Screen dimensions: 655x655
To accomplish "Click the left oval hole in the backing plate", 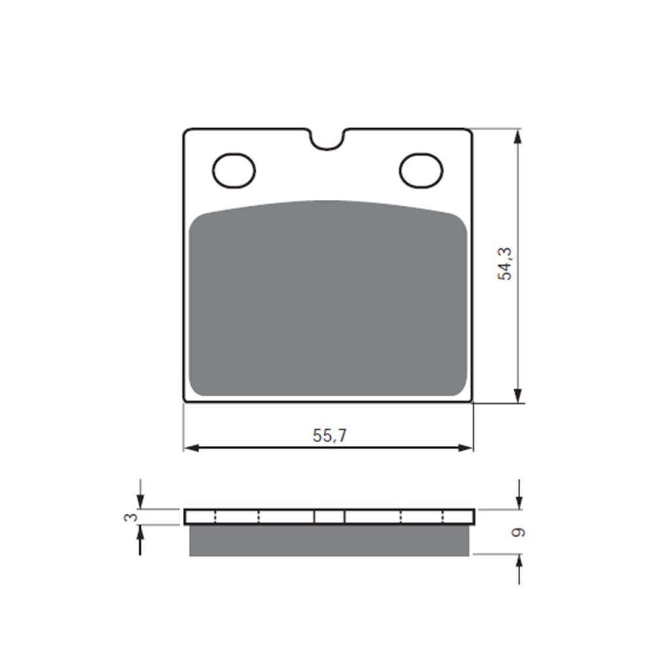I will click(x=234, y=171).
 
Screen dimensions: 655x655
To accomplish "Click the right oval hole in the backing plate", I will click(x=421, y=170).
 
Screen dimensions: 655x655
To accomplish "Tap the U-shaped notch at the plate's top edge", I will click(x=327, y=138).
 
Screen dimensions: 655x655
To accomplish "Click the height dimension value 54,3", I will click(x=505, y=264).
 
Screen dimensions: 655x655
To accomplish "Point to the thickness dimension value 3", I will click(x=133, y=517).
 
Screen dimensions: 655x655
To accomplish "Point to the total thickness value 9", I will click(x=519, y=533).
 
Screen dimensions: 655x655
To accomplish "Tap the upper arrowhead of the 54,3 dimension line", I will click(x=518, y=136).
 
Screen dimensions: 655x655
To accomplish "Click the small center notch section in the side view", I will click(x=329, y=517).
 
